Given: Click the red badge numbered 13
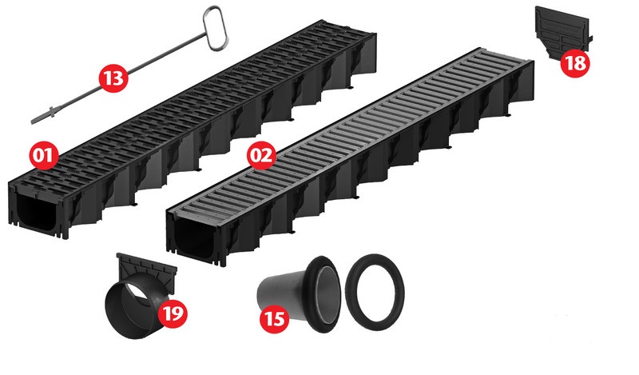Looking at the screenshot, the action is [x=113, y=78].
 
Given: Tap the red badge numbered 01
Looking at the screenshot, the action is [x=44, y=155].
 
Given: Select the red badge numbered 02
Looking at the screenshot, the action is [x=262, y=155].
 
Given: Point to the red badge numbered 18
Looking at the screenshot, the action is [x=575, y=63].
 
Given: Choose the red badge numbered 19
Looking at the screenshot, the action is [x=173, y=313].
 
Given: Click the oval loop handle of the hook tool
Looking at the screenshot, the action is [x=216, y=28].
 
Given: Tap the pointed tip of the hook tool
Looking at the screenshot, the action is [x=33, y=122].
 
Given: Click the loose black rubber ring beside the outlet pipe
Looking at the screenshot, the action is [x=375, y=292].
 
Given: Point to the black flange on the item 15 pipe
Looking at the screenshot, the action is [x=323, y=293].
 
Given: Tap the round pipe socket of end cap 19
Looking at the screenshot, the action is [x=134, y=306].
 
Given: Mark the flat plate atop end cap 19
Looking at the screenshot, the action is [x=147, y=269].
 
